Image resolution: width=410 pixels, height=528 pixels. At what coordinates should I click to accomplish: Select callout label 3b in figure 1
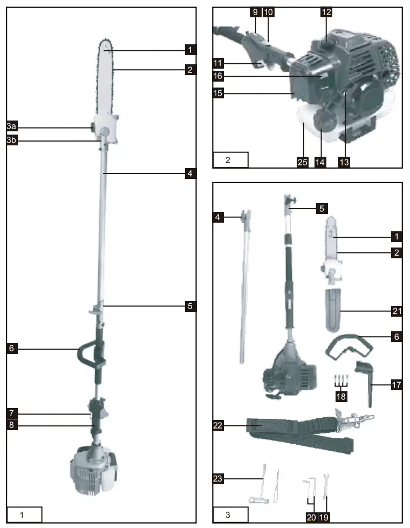pyautogui.click(x=12, y=141)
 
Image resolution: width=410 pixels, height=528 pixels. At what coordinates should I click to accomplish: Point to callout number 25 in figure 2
pyautogui.click(x=303, y=161)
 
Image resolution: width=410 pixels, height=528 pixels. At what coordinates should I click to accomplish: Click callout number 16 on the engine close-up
pyautogui.click(x=218, y=76)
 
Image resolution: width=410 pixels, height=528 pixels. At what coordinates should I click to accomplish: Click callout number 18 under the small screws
pyautogui.click(x=340, y=396)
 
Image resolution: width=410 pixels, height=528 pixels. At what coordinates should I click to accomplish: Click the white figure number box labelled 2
pyautogui.click(x=231, y=160)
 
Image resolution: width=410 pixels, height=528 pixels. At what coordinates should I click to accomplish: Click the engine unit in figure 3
pyautogui.click(x=286, y=373)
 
